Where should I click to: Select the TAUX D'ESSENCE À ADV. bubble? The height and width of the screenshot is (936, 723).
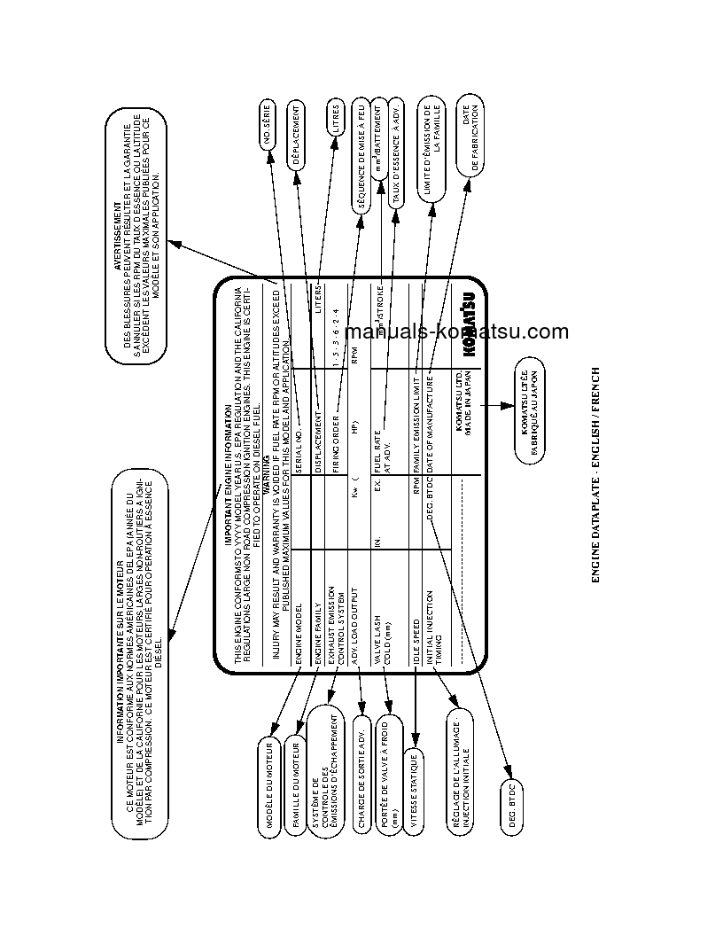(x=397, y=161)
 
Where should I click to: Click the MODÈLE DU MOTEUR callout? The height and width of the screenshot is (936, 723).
(x=270, y=784)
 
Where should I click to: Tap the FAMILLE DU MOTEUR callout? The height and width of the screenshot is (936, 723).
(x=296, y=781)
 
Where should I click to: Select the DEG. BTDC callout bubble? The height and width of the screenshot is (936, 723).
(x=512, y=811)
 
